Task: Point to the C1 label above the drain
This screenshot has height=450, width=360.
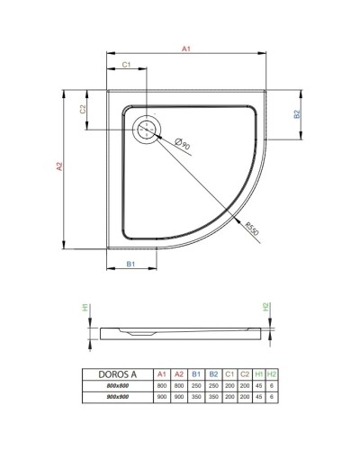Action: click(127, 66)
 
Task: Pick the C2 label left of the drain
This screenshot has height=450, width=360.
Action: click(83, 109)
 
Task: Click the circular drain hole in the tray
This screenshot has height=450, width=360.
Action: click(146, 130)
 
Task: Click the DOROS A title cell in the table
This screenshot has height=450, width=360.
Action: click(114, 373)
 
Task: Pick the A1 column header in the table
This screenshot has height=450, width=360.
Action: click(162, 373)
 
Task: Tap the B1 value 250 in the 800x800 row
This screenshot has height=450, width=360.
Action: click(195, 384)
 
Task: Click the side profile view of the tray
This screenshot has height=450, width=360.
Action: click(180, 332)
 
